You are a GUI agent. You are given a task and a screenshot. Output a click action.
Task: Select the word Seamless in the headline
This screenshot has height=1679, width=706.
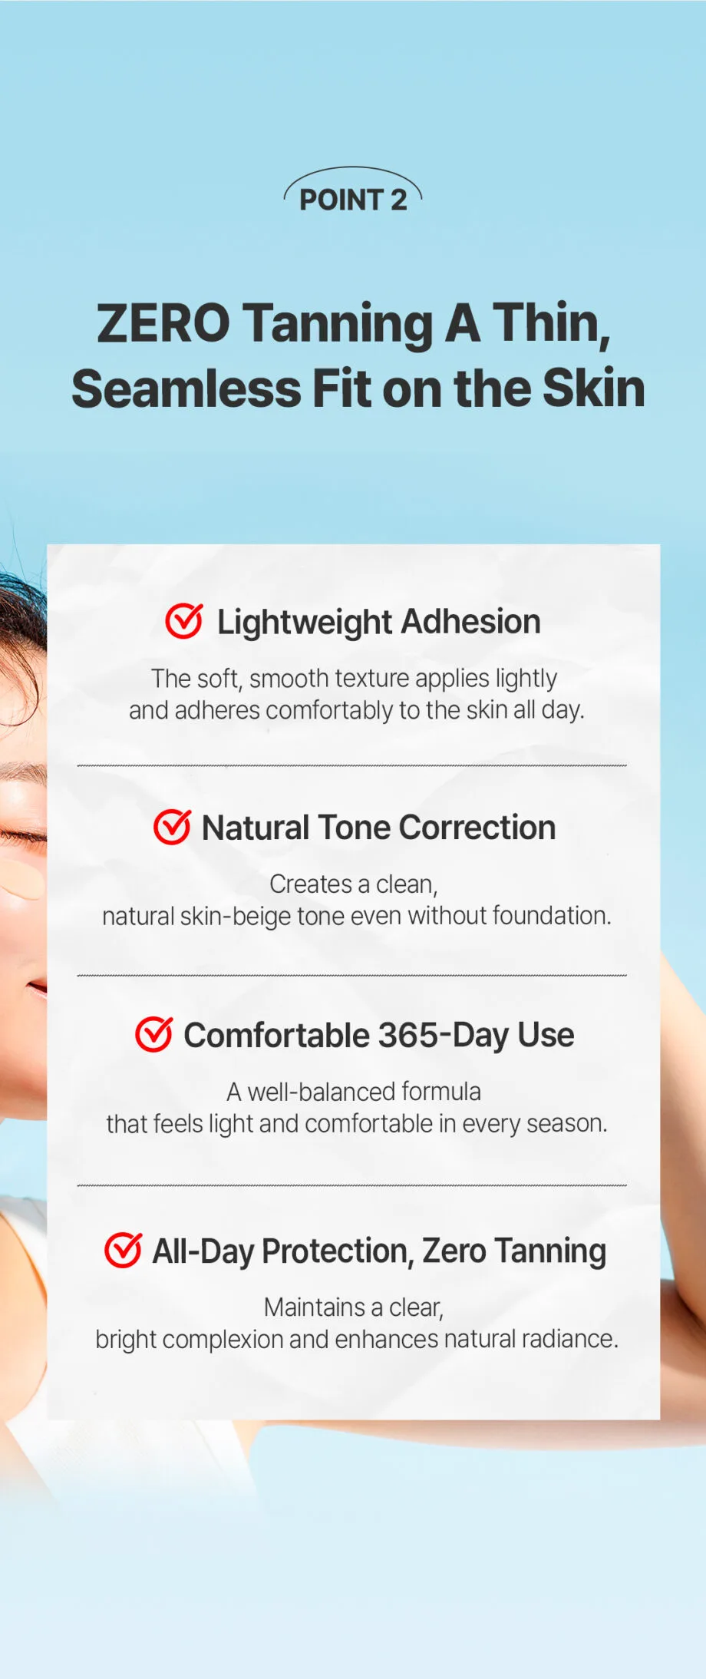[186, 388]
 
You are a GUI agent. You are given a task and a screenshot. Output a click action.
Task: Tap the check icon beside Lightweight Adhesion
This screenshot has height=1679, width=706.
[184, 621]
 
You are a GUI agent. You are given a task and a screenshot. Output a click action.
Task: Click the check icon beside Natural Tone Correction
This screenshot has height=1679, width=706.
[172, 827]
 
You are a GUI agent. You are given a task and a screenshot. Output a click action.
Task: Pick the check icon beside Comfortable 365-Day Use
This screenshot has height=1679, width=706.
[154, 1034]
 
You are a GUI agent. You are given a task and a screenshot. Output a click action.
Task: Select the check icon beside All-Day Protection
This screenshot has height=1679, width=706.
[123, 1250]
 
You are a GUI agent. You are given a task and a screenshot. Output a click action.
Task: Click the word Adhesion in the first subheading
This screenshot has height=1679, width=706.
[470, 621]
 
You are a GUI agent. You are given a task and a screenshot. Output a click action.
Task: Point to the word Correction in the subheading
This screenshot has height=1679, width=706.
[477, 828]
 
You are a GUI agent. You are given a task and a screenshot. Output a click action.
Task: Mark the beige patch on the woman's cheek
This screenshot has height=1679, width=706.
[23, 879]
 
